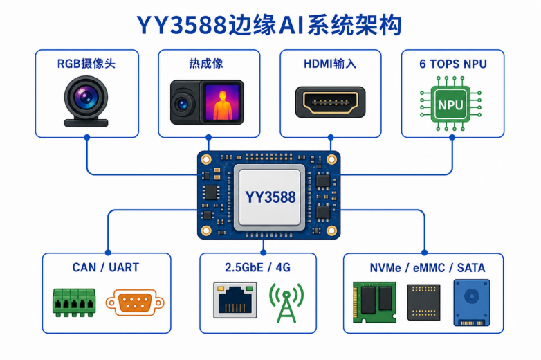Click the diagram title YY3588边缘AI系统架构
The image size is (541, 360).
coord(270,25)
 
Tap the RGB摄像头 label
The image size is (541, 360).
coord(86,64)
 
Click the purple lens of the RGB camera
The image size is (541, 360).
coord(86,98)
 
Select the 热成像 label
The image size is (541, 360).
coord(206,64)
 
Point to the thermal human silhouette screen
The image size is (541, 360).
coord(222,102)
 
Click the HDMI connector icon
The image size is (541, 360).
coord(330,102)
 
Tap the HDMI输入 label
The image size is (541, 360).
coord(330,64)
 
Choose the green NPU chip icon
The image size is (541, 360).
coord(450,104)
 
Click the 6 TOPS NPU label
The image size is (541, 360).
coord(453,64)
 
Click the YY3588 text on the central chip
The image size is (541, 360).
coord(270,197)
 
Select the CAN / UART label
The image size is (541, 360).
coord(106,267)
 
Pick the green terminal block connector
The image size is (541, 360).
coord(74,303)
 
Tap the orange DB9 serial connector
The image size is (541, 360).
coord(135,303)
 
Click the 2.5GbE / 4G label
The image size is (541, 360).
coord(258,267)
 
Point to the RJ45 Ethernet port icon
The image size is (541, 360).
coord(235,300)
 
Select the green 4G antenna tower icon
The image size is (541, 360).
coord(286,303)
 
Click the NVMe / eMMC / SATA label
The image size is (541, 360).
coord(428,268)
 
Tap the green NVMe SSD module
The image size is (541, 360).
coord(374,302)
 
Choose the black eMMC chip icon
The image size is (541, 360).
coord(423,303)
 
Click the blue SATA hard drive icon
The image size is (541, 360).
coord(472,303)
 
